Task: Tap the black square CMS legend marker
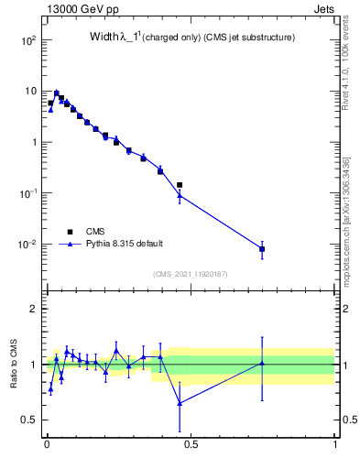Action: [x=70, y=232]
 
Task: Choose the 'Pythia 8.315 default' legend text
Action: [x=124, y=244]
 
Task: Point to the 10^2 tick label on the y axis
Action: [x=27, y=41]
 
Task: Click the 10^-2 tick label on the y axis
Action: [x=27, y=245]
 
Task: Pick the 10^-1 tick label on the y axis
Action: [x=27, y=193]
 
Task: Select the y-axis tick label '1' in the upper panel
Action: [x=36, y=143]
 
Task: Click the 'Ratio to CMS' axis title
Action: [x=14, y=364]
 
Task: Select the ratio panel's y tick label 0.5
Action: [x=31, y=420]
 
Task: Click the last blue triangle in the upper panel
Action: [x=262, y=248]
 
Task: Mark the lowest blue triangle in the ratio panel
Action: [x=180, y=403]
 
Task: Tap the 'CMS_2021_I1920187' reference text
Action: [x=191, y=273]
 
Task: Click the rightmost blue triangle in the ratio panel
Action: [x=262, y=364]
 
